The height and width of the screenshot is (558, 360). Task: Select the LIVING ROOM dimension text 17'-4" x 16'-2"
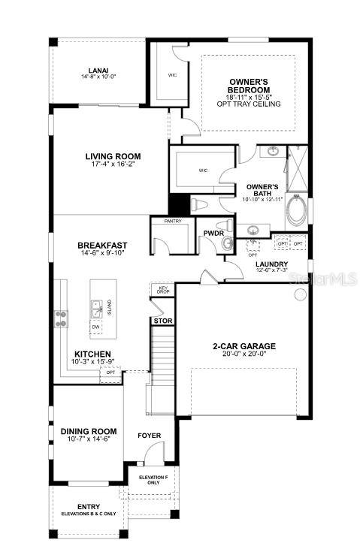[x=113, y=166]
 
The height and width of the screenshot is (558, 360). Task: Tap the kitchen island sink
[x=97, y=306]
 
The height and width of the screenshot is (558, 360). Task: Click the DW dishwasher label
[x=95, y=327]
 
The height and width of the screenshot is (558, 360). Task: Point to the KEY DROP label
[x=162, y=289]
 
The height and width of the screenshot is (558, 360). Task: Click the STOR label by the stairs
[x=163, y=321]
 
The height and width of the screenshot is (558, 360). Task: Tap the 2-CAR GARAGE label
[x=244, y=346]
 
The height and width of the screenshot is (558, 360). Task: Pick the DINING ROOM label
[x=89, y=430]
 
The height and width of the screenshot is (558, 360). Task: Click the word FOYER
[x=150, y=436]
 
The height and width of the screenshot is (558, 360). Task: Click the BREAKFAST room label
[x=102, y=245]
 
